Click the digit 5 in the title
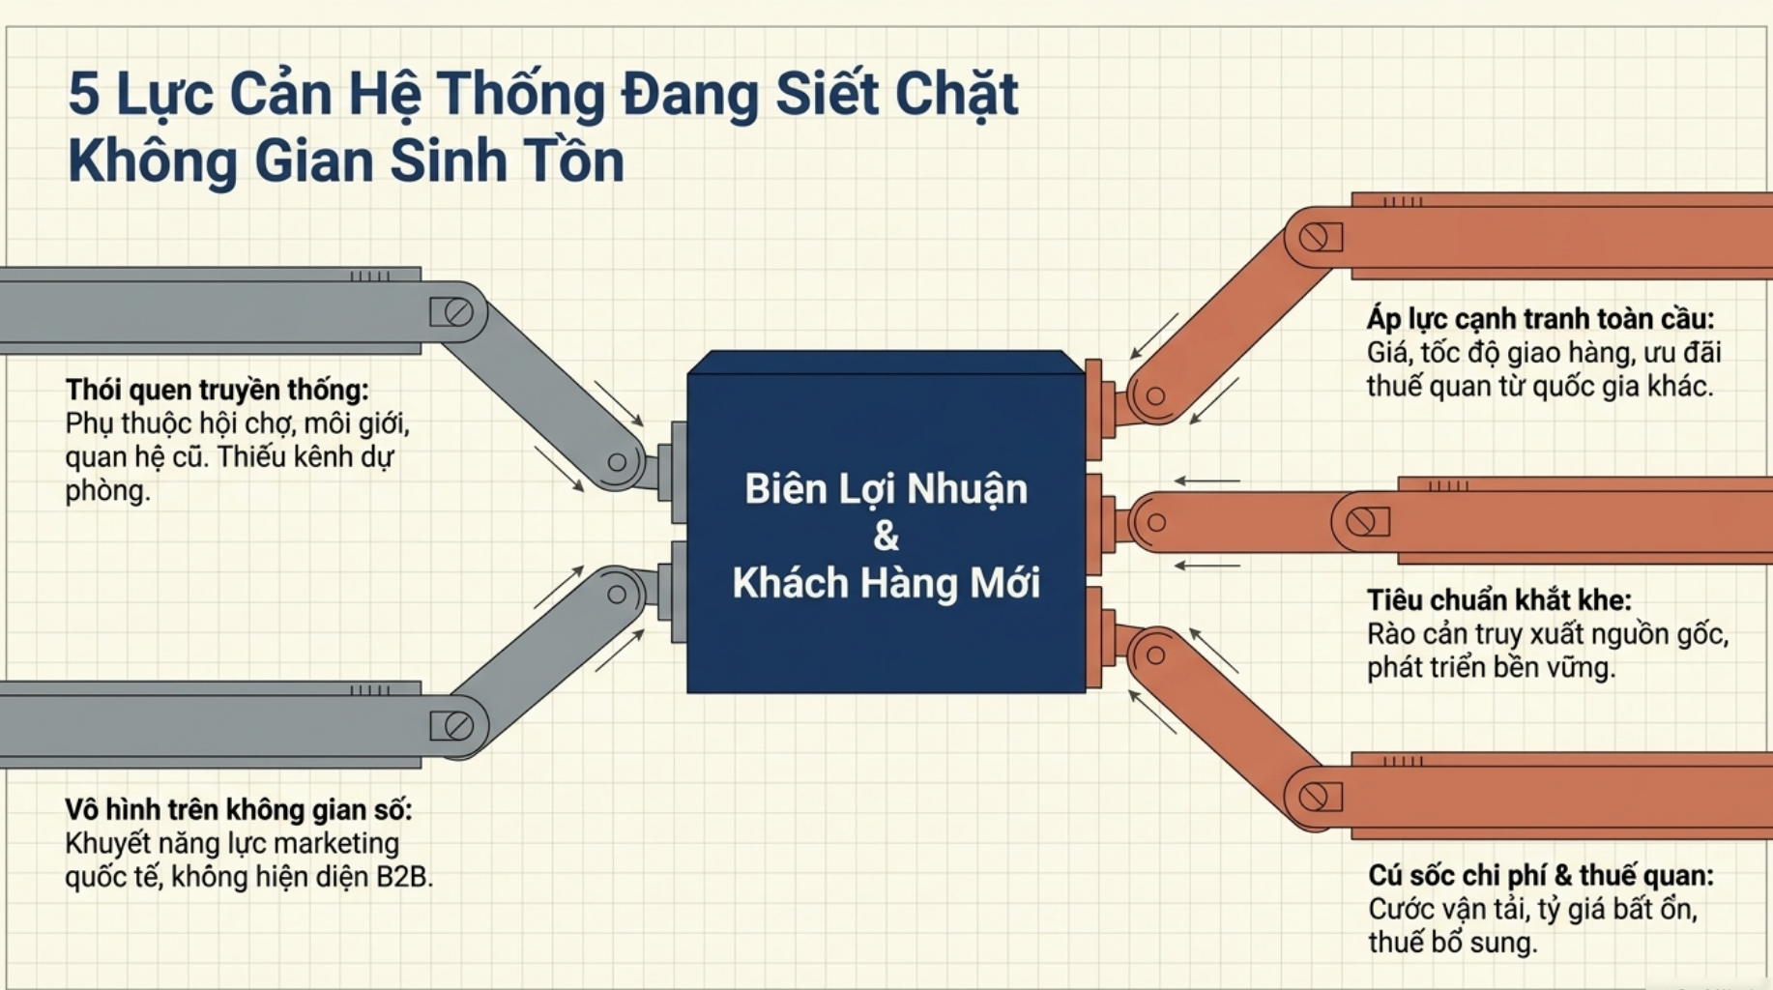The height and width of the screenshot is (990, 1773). [83, 95]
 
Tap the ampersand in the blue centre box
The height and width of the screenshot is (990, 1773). [886, 536]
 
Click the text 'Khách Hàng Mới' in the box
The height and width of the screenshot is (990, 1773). [886, 583]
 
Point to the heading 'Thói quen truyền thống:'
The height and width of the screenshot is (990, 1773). [218, 391]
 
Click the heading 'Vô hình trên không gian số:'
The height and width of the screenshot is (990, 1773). [239, 809]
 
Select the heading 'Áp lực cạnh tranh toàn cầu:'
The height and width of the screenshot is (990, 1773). [1540, 319]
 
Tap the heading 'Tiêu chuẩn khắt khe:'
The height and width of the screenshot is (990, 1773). [1499, 600]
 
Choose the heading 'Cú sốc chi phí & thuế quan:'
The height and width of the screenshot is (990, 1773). [1541, 876]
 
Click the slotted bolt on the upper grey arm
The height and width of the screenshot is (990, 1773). [458, 312]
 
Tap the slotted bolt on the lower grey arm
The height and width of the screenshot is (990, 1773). [458, 726]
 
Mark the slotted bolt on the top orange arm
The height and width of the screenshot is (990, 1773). [1315, 237]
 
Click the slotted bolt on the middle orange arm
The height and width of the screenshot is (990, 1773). [1361, 522]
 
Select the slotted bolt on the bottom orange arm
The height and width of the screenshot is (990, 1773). [1315, 798]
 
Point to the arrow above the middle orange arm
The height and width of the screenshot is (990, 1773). [1207, 480]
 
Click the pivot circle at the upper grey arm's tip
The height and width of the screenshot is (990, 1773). [617, 462]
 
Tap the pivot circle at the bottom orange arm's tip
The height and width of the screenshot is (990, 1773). [1155, 655]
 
